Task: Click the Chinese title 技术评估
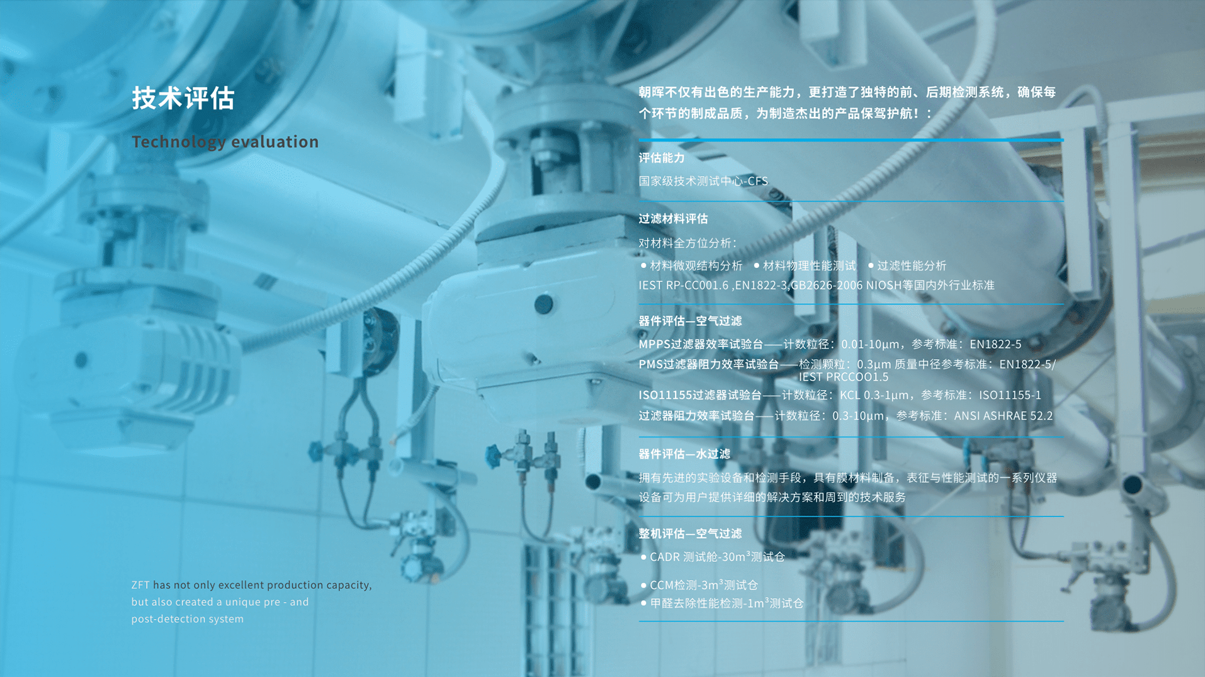coord(183,98)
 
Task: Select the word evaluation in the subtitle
coord(275,142)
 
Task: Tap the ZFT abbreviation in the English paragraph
coord(140,585)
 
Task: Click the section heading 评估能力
coord(662,158)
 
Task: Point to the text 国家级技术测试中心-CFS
coord(703,181)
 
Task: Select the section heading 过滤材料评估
coord(673,219)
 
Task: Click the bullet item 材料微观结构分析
coord(691,266)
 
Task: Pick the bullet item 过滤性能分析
coord(907,266)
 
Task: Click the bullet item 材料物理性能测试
coord(805,266)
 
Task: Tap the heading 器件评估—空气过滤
coord(690,322)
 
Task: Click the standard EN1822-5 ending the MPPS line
coord(995,345)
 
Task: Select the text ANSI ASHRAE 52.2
coord(1004,416)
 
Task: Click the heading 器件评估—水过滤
coord(684,454)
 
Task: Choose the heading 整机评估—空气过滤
coord(690,534)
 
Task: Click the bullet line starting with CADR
coord(713,557)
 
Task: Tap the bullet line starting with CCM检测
coord(699,585)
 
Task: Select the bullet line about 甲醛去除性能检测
coord(721,603)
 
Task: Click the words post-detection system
coord(188,619)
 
